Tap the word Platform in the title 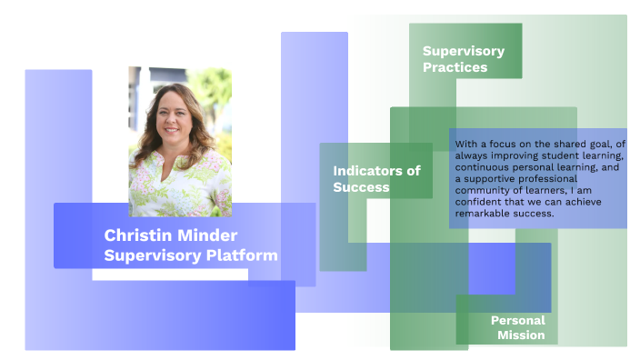coord(244,255)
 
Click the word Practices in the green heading coord(455,67)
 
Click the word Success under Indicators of coord(361,188)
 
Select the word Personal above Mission coord(518,320)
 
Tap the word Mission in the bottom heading coord(521,335)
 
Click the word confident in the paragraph coord(484,204)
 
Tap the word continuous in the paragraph coord(485,168)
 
